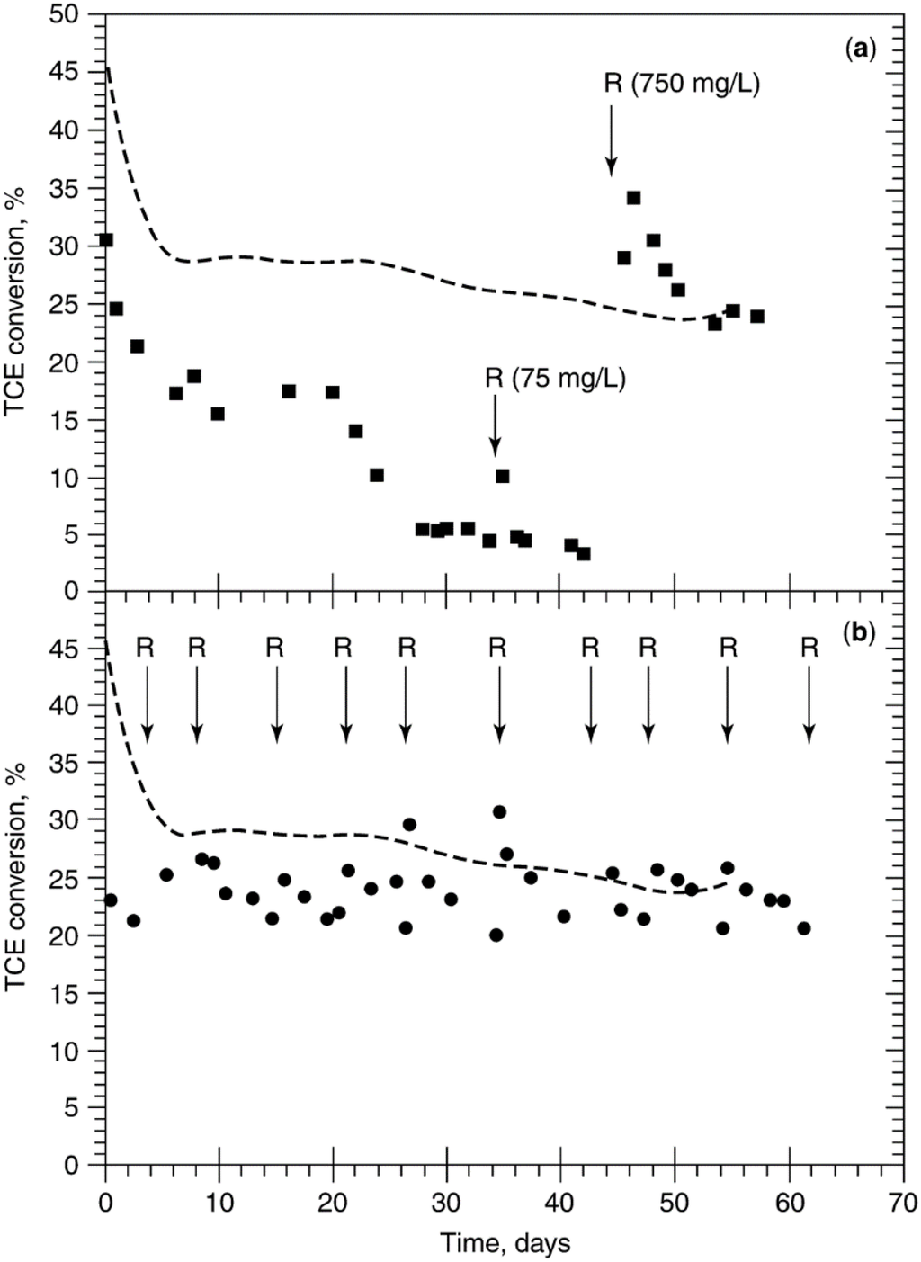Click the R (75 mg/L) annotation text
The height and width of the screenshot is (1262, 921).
coord(555,378)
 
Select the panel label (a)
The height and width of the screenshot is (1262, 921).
coord(859,50)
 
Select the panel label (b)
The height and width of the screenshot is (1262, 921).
coord(859,632)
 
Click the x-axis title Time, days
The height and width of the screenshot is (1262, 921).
coord(505,1244)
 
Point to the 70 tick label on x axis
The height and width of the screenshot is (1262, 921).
coord(904,1202)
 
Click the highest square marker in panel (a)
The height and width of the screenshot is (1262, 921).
coord(633,198)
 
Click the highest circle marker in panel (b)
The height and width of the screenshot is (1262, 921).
coord(499,812)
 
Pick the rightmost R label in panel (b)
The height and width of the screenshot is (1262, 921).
coord(809,647)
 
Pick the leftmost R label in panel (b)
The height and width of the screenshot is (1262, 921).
coord(146,647)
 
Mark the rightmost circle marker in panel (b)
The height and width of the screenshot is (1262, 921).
coord(804,928)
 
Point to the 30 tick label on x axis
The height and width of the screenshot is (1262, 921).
coord(447,1202)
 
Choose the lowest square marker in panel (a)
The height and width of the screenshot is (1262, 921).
coord(583,554)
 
